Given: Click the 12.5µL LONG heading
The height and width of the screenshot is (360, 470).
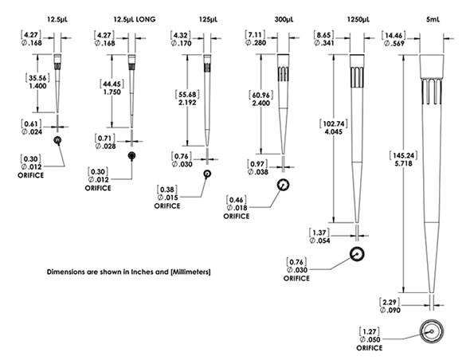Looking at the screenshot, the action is [x=135, y=19].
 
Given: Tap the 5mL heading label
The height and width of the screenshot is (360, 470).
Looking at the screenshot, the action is [x=433, y=19].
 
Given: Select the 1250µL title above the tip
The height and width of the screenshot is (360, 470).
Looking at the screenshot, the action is [x=358, y=19].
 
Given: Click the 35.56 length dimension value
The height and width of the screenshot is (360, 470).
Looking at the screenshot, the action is [x=37, y=78].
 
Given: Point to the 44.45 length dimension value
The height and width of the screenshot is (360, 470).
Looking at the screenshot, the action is [x=112, y=84].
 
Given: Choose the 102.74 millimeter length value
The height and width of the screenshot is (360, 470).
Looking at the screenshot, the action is [x=334, y=123].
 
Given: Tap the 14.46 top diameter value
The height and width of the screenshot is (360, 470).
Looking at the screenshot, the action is [x=394, y=36].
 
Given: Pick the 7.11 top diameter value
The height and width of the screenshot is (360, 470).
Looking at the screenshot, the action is [x=255, y=35].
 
